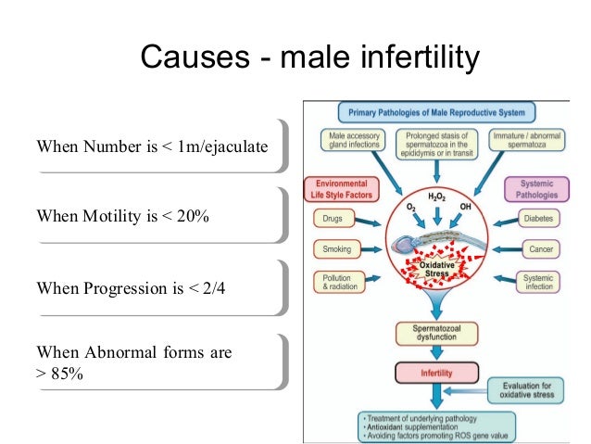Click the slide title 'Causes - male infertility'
pyautogui.click(x=309, y=58)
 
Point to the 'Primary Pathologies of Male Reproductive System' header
pyautogui.click(x=436, y=113)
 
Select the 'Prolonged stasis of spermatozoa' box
pyautogui.click(x=436, y=144)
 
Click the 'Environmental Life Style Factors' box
pyautogui.click(x=341, y=189)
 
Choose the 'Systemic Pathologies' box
pyautogui.click(x=535, y=189)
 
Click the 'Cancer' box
pyautogui.click(x=539, y=249)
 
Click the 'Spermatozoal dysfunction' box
pyautogui.click(x=435, y=334)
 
